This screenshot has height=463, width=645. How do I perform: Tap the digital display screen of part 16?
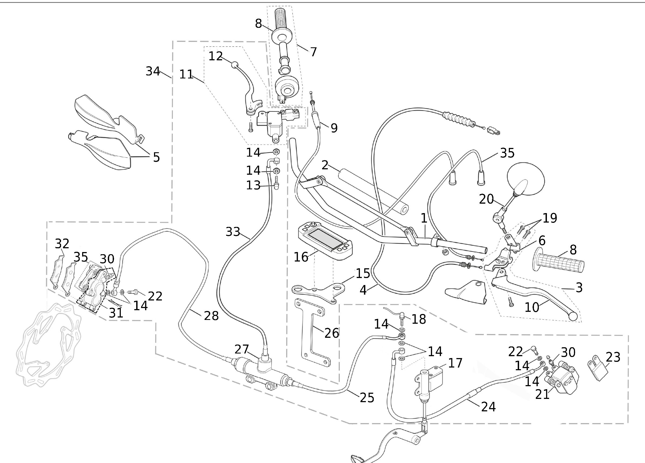pos(326,238)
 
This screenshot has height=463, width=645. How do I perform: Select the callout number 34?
pos(153,71)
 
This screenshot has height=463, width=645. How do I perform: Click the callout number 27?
pos(242,349)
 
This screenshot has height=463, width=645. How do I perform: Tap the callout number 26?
pos(332,333)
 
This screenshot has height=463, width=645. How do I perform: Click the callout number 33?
pos(233,232)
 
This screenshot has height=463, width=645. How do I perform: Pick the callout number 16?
pos(301,257)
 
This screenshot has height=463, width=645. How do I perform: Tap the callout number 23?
pos(613,357)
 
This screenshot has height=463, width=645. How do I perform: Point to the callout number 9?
pos(334,128)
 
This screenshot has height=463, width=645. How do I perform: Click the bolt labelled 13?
pos(276,185)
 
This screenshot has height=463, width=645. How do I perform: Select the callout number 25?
pos(367,397)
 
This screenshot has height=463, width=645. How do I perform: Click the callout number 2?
pos(325,165)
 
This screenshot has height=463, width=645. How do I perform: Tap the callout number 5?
pos(156,157)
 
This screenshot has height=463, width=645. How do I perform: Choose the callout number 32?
pos(62,244)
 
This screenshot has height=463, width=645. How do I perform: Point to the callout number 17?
pos(455,363)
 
